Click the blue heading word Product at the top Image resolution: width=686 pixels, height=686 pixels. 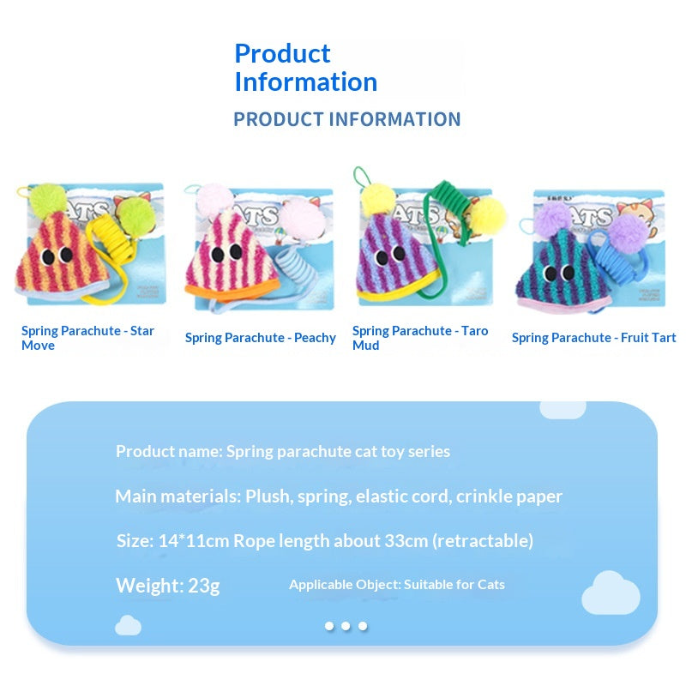point(282,54)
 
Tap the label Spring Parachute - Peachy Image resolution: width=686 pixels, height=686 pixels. point(261,338)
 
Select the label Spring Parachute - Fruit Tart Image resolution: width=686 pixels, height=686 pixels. point(593,338)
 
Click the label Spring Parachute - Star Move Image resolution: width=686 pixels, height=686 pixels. point(87,338)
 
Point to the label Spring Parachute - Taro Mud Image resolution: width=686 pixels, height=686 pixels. point(420,338)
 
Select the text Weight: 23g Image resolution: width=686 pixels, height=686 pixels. point(167,586)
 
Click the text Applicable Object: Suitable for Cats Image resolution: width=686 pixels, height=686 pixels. point(397,585)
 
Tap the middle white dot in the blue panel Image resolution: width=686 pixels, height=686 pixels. point(346,626)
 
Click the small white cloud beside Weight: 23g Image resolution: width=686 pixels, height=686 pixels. point(128,626)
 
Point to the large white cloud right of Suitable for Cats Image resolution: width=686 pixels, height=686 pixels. point(611,593)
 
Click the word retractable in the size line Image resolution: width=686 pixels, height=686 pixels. point(483,541)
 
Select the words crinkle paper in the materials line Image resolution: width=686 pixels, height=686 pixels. point(508,497)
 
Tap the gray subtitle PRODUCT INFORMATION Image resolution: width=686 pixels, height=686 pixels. point(347,119)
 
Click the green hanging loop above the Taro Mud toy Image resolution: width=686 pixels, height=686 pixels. point(363,178)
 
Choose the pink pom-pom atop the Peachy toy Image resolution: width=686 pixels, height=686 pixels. point(214,198)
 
